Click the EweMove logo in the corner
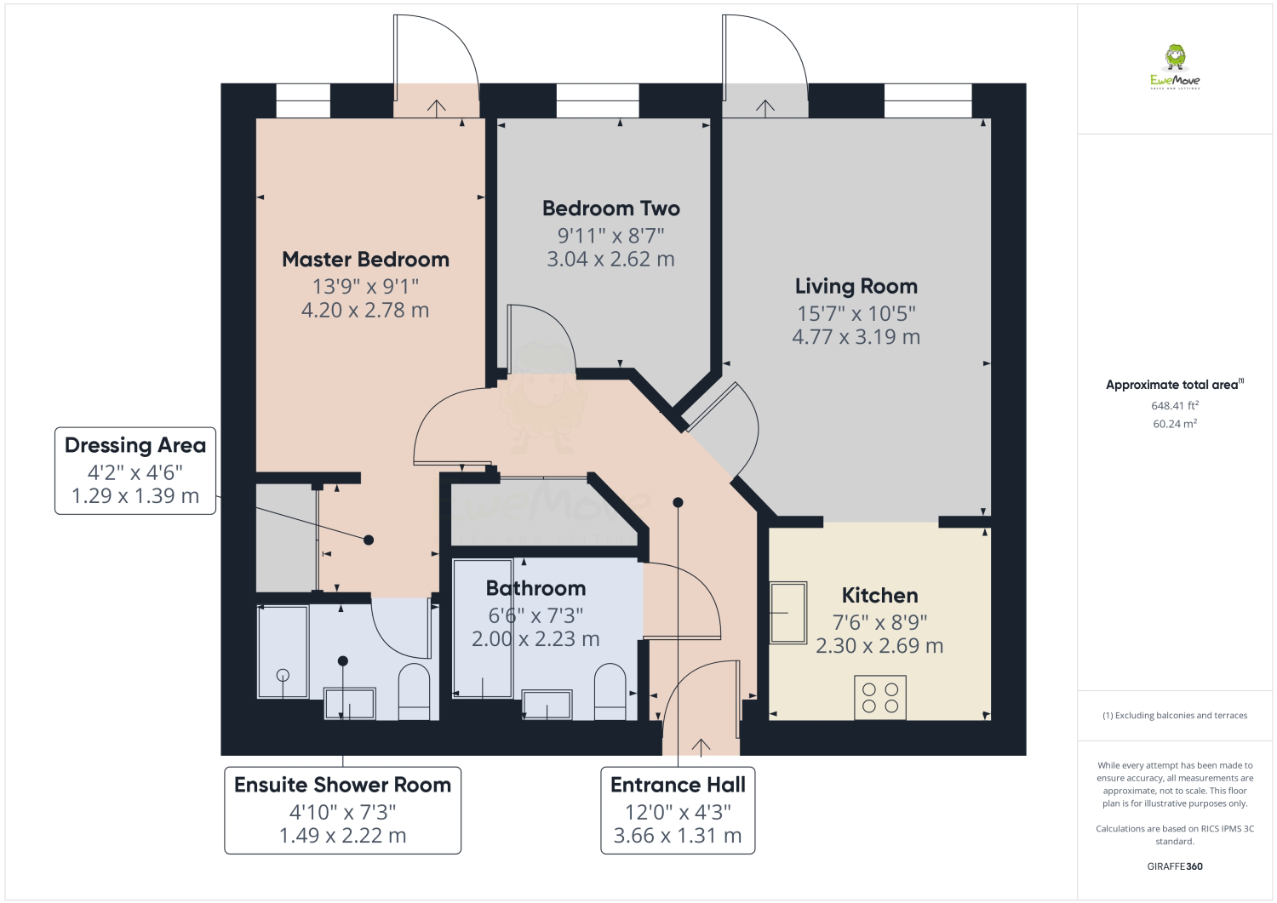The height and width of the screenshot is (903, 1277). coord(1174,67)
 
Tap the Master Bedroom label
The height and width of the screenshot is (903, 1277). coord(365,260)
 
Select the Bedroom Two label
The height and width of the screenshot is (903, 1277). coord(611,208)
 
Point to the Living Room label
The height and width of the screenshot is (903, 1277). coord(856,286)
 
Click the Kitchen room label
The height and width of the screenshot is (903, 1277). coord(879,595)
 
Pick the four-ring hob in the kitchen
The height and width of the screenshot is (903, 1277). coord(880,697)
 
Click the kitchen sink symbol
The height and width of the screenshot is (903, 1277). coord(788,612)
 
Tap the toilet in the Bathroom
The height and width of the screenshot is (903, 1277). coord(610,691)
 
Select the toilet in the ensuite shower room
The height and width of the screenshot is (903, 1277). coord(413,691)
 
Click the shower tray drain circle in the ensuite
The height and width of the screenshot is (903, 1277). coord(283,676)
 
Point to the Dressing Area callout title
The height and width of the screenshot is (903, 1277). coord(135,445)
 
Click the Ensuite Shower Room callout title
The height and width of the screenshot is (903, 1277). coord(342,785)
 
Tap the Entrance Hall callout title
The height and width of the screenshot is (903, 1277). coord(678,785)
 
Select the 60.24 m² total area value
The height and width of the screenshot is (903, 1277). coord(1174,424)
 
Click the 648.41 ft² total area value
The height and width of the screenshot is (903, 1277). coord(1174,405)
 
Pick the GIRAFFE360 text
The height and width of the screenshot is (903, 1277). coord(1175,866)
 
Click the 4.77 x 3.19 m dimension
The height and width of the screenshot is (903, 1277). coord(856,337)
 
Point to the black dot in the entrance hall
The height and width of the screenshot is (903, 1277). coord(678,502)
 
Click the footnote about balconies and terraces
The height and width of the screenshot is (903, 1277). coord(1174,716)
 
